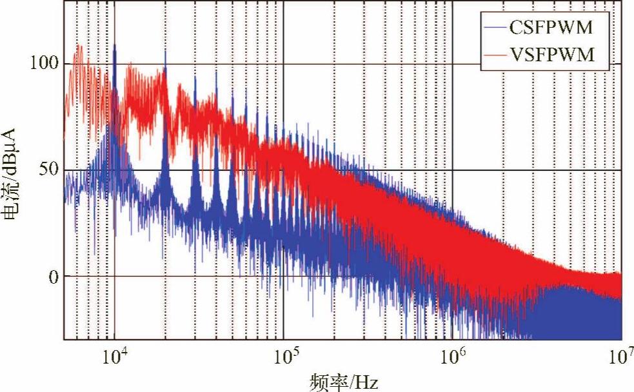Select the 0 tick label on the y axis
(54, 277)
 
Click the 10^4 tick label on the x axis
(113, 356)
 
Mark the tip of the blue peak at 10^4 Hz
(115, 44)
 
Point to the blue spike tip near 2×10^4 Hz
(166, 51)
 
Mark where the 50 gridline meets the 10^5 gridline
(284, 170)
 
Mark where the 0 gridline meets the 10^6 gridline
(453, 277)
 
